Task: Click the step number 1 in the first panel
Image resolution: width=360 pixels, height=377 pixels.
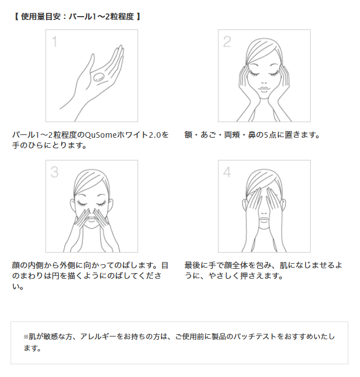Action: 55,42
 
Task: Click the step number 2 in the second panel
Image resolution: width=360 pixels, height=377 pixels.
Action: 227,42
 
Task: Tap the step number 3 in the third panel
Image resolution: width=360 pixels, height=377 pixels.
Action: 54,172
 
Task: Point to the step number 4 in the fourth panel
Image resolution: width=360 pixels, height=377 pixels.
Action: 227,172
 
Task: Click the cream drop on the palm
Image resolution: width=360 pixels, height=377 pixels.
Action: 99,77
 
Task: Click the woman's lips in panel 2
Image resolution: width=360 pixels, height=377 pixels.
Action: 263,89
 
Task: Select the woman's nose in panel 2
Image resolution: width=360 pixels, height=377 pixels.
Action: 263,82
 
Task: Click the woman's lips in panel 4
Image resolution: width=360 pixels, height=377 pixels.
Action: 263,219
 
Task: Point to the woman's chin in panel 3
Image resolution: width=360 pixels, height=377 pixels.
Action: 92,226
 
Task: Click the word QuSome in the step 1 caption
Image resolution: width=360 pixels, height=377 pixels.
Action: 101,135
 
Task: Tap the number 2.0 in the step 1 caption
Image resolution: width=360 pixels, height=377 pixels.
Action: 154,135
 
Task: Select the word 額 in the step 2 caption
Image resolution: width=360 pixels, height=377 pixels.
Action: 188,135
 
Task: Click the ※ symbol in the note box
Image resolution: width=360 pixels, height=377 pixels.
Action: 26,337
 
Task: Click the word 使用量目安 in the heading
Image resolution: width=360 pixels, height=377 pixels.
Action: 40,17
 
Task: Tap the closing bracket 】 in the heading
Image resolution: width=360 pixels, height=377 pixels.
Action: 138,17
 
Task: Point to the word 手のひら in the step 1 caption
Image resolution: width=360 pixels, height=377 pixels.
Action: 28,145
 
